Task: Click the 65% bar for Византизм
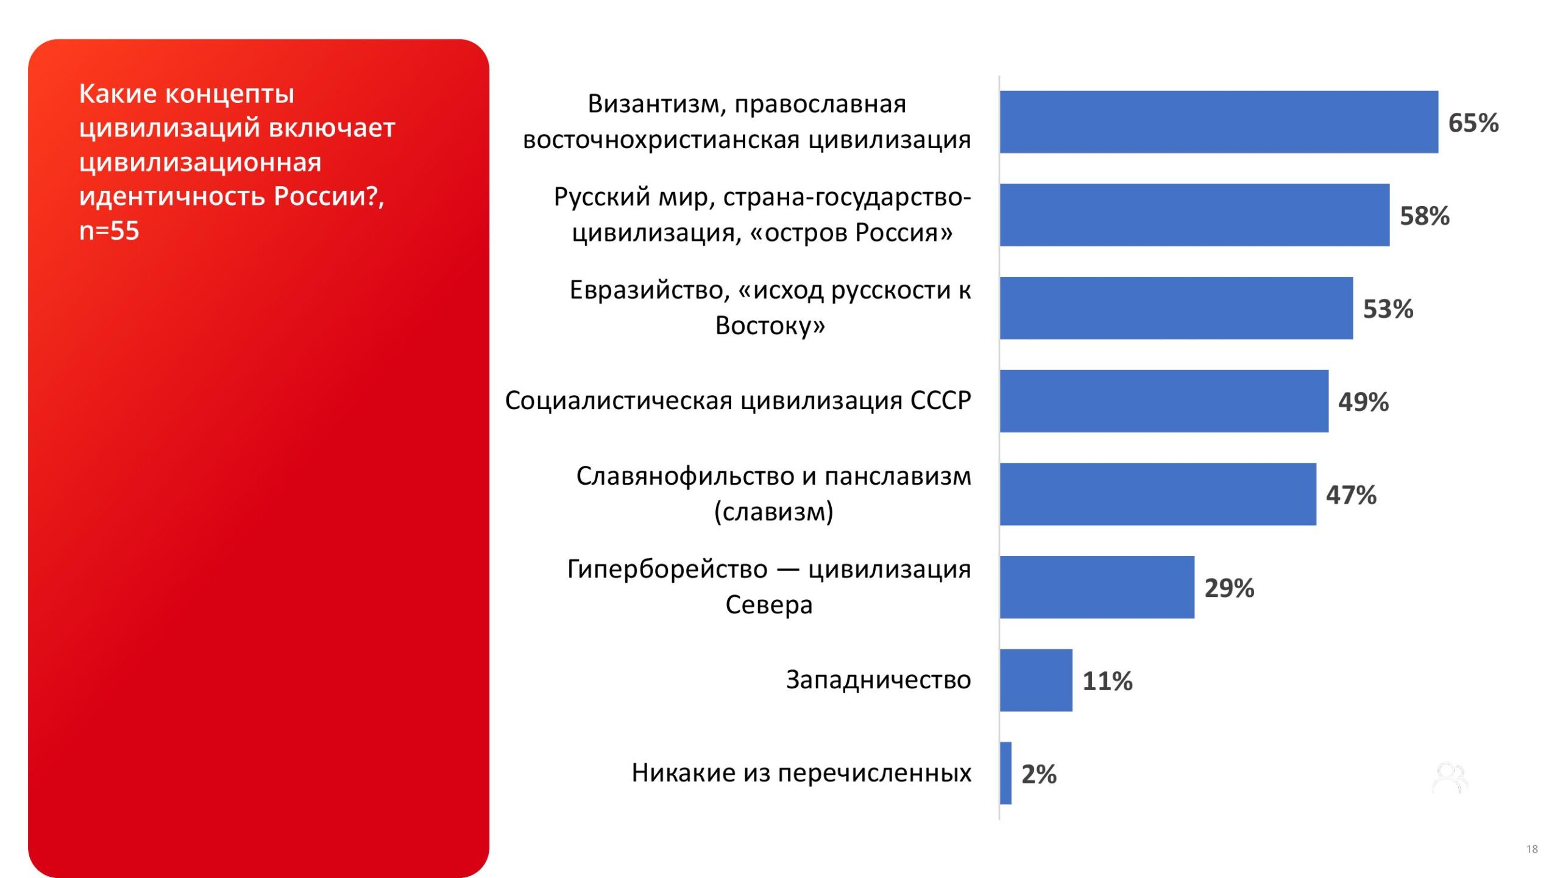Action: click(x=1219, y=122)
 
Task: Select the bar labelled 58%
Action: click(x=1194, y=215)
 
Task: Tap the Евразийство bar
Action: click(x=1176, y=308)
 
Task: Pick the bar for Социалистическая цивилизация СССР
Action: click(x=1164, y=401)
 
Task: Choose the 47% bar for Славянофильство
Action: click(x=1158, y=494)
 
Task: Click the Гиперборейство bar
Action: click(x=1097, y=587)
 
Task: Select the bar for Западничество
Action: click(x=1036, y=680)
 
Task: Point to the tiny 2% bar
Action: click(x=1005, y=773)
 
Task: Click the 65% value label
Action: click(x=1473, y=123)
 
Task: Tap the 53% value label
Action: click(x=1388, y=309)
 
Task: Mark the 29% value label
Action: click(x=1229, y=588)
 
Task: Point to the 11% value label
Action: click(x=1107, y=681)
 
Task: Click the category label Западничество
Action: click(x=878, y=679)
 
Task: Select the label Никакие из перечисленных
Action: click(x=801, y=773)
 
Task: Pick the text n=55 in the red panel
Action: click(x=109, y=230)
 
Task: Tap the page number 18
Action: click(x=1532, y=849)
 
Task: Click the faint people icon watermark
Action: click(x=1450, y=779)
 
